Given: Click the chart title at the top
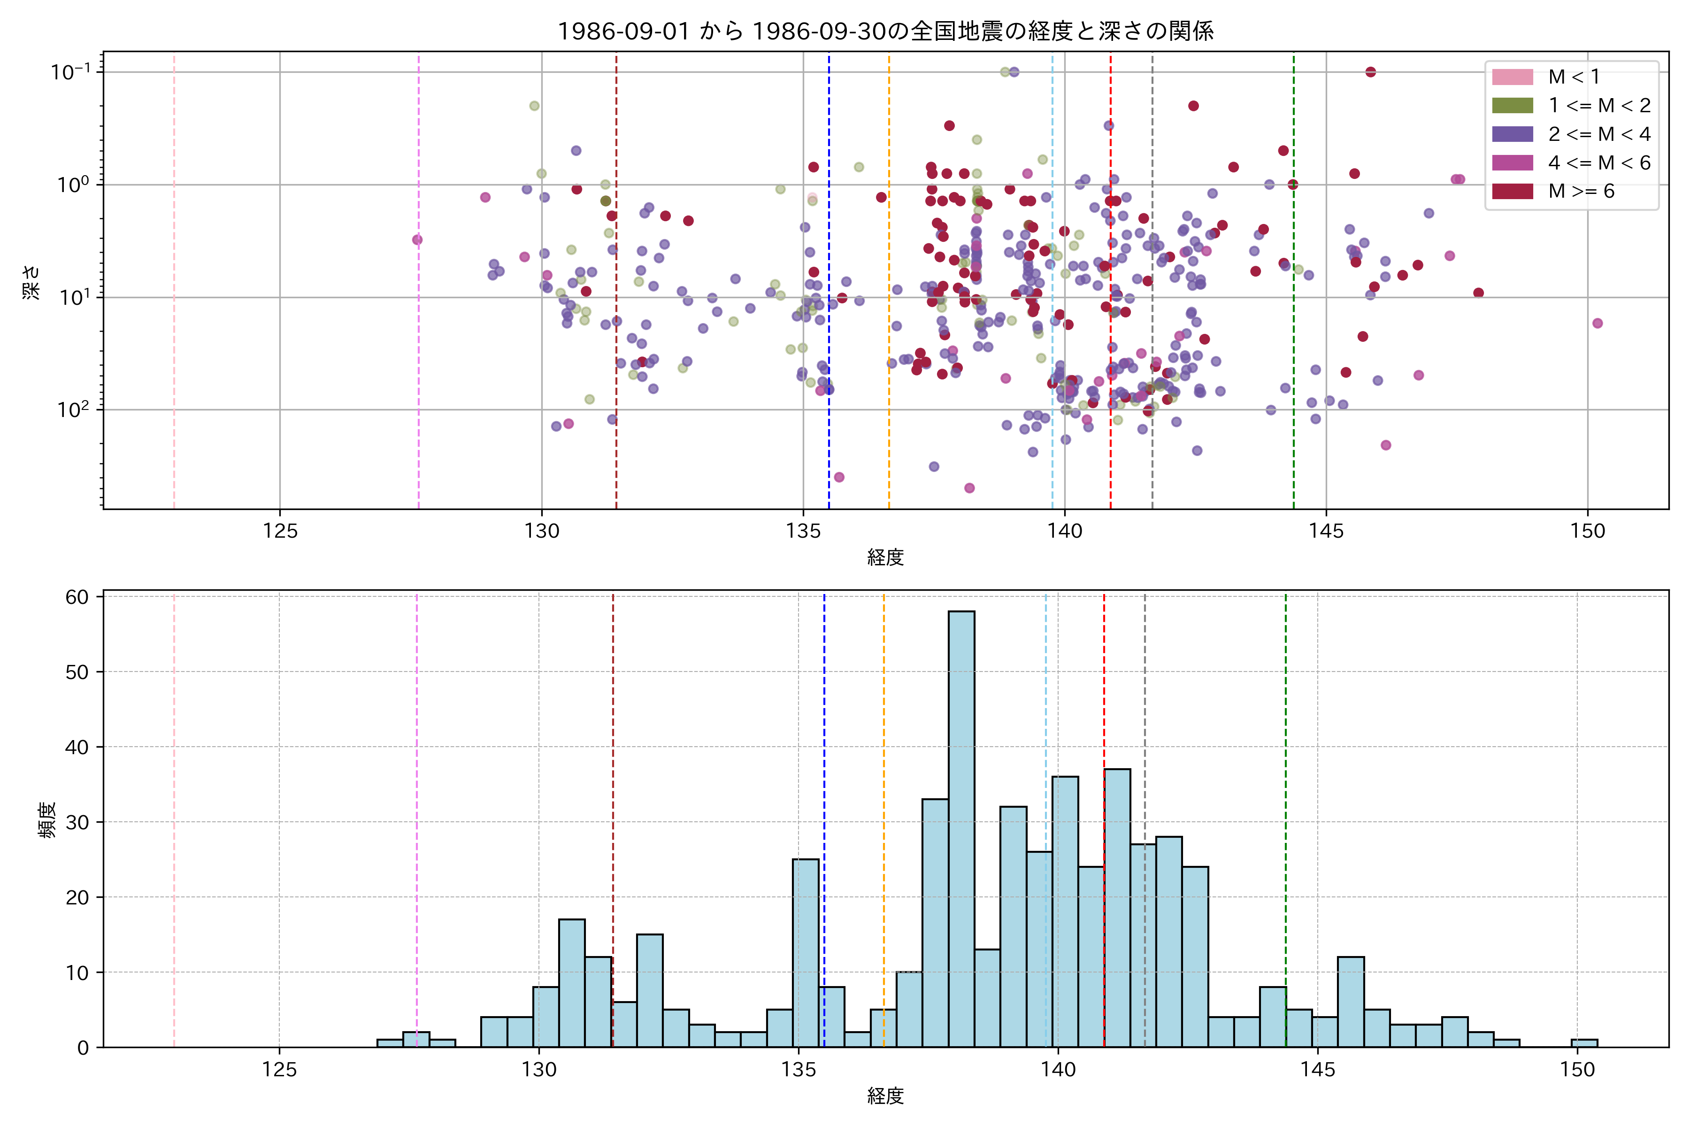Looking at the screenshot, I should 885,31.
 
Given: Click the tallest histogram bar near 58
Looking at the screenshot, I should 961,826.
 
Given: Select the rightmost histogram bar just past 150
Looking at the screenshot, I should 1584,1043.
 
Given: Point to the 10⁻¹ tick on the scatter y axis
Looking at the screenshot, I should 70,72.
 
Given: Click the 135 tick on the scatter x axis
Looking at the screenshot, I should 803,531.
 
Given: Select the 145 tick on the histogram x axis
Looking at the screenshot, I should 1317,1070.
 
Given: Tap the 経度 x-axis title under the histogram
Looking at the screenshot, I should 885,1096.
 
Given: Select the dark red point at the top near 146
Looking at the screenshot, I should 1370,72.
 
